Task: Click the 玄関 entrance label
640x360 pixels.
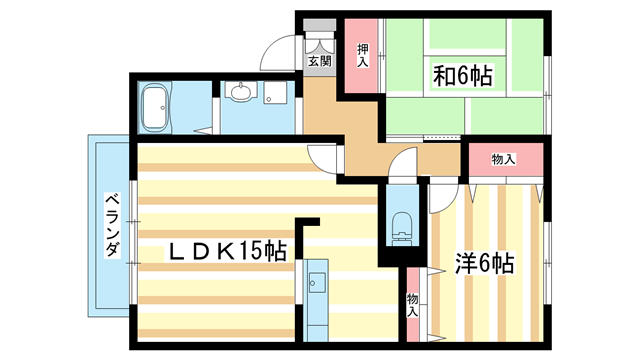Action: (x=319, y=61)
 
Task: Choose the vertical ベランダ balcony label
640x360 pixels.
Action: (x=112, y=226)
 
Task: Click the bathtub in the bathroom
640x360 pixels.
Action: (x=155, y=107)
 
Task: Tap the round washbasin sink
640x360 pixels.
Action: (x=240, y=95)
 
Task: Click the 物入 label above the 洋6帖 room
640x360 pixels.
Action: (x=504, y=159)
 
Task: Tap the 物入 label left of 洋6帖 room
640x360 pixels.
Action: (x=413, y=305)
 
